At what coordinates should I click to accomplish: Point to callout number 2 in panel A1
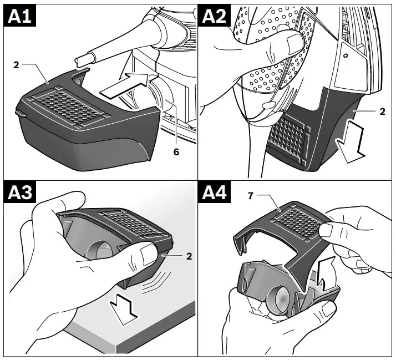point(17,65)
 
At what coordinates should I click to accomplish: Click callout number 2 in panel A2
point(383,110)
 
